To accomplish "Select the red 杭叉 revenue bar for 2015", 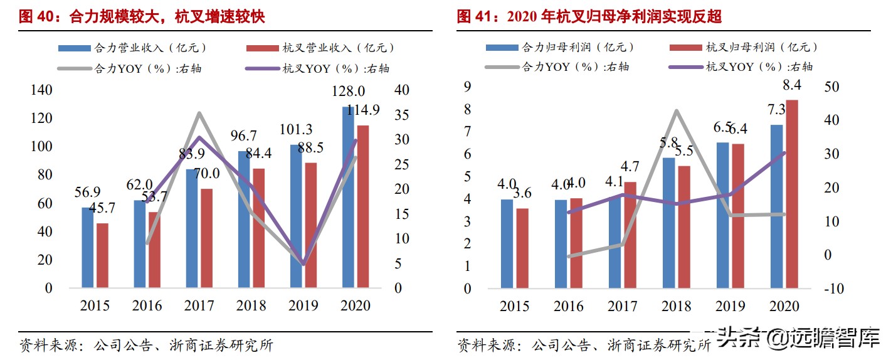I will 102,255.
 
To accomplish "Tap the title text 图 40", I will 36,16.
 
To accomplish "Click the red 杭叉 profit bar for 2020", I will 793,194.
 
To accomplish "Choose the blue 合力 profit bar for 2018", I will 668,223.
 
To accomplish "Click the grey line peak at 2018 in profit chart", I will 677,111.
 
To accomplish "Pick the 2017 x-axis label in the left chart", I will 199,305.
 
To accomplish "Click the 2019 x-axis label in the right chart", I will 730,305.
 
